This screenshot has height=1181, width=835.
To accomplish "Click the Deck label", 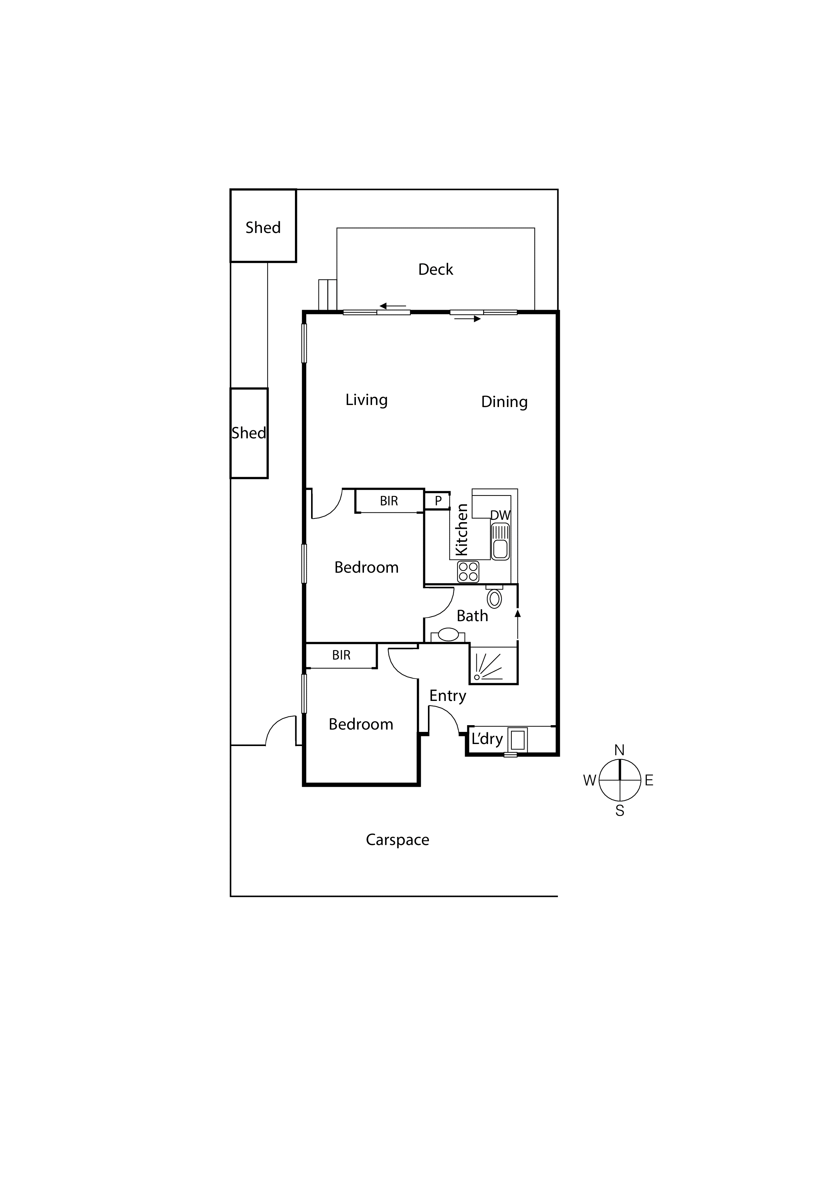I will tap(435, 270).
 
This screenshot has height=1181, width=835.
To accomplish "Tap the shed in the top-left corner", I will tap(263, 226).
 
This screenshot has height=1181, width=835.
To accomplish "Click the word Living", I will tap(366, 400).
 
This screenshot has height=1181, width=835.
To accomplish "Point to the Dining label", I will tap(504, 402).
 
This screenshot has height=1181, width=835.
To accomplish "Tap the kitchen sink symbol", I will tap(500, 542).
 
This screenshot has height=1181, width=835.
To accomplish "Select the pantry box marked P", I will tap(437, 501).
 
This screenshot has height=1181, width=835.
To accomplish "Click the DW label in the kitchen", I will tap(500, 515).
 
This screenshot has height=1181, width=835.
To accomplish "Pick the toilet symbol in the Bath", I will tap(494, 597).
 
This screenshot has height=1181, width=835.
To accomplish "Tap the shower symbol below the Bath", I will tap(492, 666).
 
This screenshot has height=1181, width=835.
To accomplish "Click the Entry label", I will tap(447, 696).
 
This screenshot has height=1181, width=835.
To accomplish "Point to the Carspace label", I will tap(397, 839).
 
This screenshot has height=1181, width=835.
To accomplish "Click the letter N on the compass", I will tap(620, 750).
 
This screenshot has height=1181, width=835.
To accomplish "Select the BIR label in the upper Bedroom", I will tap(389, 501).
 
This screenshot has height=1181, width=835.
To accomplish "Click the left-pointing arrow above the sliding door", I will tap(392, 306).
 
